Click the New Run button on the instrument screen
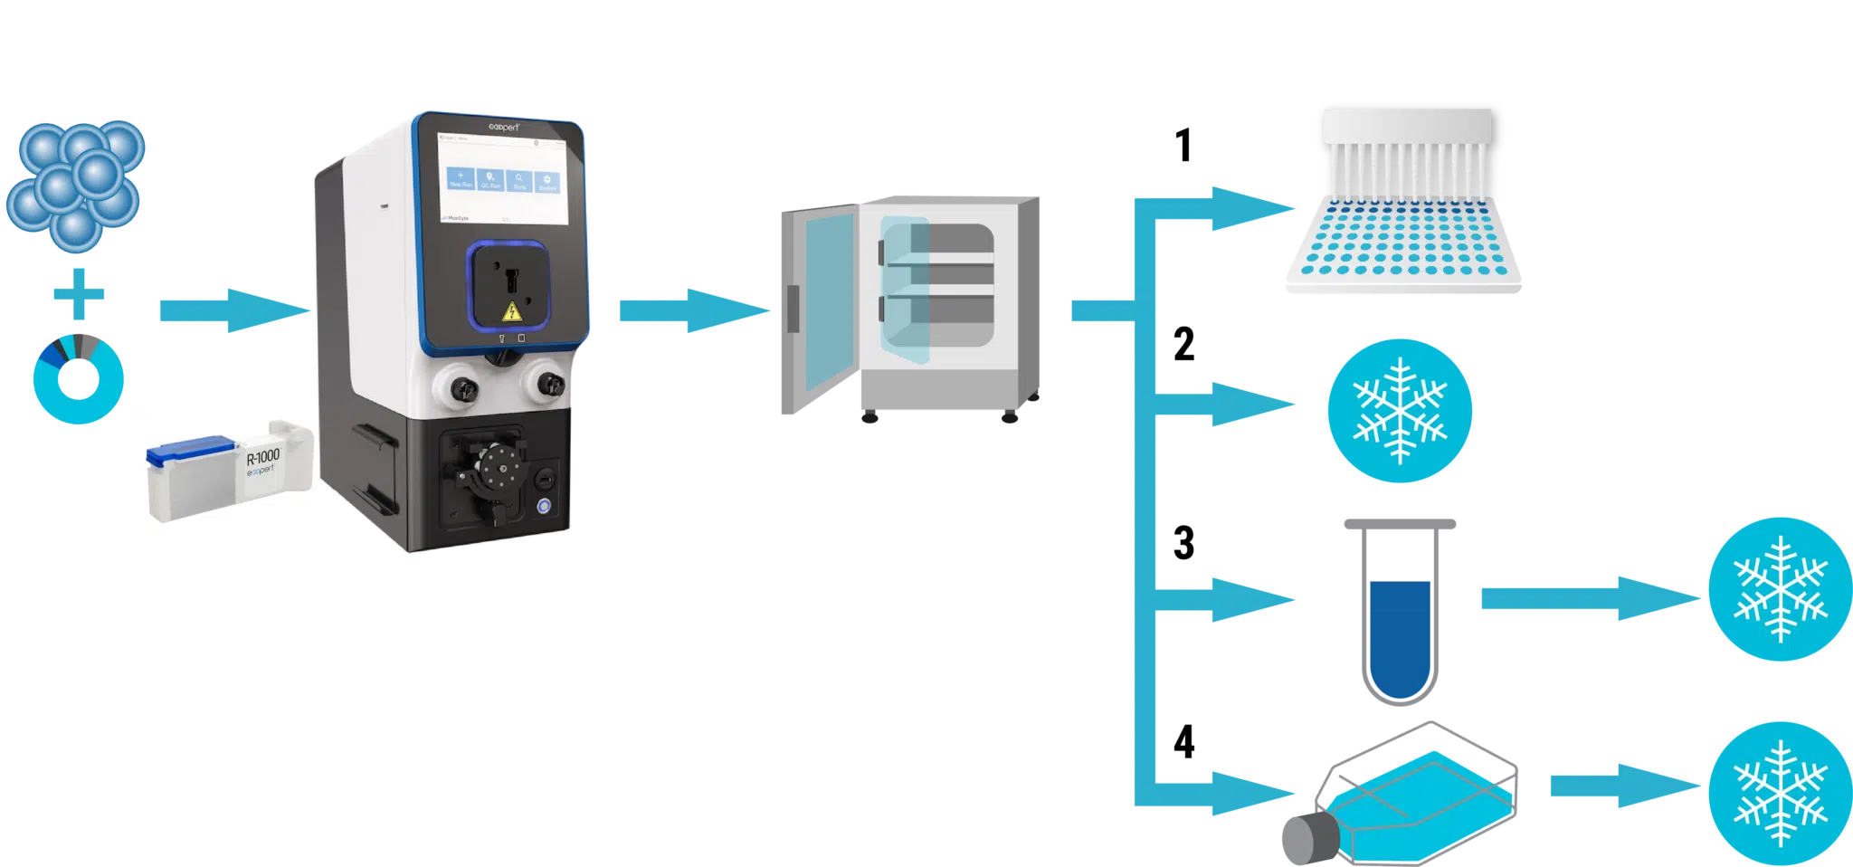coord(461,179)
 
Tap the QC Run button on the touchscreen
coord(489,179)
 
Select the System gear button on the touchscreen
coord(547,179)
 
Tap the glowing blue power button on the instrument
coord(545,507)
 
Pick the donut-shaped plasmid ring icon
coord(80,378)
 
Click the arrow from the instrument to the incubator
coord(692,311)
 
